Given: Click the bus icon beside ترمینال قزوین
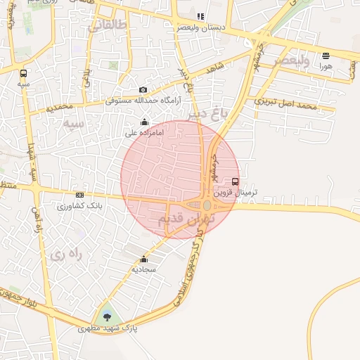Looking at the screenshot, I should [235, 181].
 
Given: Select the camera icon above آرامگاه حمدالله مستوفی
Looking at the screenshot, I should [143, 90].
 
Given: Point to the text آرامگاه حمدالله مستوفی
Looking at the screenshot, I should [143, 101].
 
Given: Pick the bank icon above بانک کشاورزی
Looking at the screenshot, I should [79, 195].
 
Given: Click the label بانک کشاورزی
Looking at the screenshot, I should [79, 206].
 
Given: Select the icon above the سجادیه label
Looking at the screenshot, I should [144, 259].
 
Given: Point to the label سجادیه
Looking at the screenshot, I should [143, 269].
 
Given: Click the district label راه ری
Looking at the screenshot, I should [66, 254].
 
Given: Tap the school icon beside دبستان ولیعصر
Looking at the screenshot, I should [200, 16].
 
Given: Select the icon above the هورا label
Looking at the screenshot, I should [326, 56].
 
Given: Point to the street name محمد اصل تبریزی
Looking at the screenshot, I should [286, 105].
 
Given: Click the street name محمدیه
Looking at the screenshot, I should [59, 107].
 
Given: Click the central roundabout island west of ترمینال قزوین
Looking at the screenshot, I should [207, 205].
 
